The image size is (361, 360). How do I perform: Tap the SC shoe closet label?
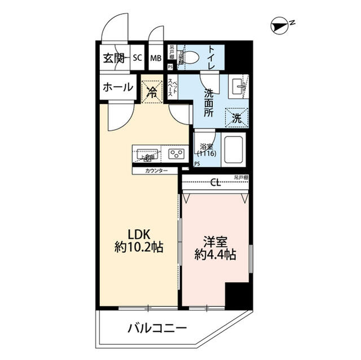point(137,57)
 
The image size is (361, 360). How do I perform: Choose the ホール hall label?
point(117,87)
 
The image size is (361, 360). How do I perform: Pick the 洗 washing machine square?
point(237,118)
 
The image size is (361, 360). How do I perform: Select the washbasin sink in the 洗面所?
point(236,87)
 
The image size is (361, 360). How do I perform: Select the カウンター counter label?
point(156,170)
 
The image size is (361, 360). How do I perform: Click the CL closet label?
point(215,182)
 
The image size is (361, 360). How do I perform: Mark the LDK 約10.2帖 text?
point(140,240)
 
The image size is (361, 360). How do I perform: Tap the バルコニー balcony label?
point(156,328)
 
